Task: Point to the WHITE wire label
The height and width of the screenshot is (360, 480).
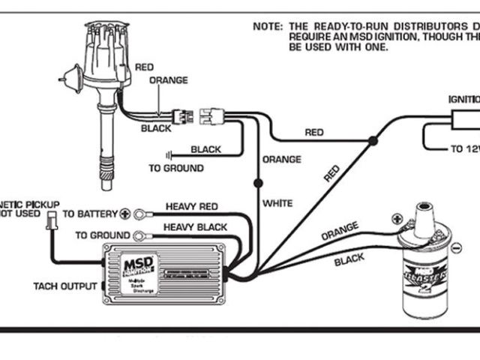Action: point(277,203)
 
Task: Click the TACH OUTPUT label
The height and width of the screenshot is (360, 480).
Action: point(64,286)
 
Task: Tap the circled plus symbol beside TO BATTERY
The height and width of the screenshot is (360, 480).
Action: point(126,214)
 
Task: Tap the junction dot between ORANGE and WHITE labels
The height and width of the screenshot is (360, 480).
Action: point(258,182)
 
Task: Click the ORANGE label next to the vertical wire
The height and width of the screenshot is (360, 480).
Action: point(281,160)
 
